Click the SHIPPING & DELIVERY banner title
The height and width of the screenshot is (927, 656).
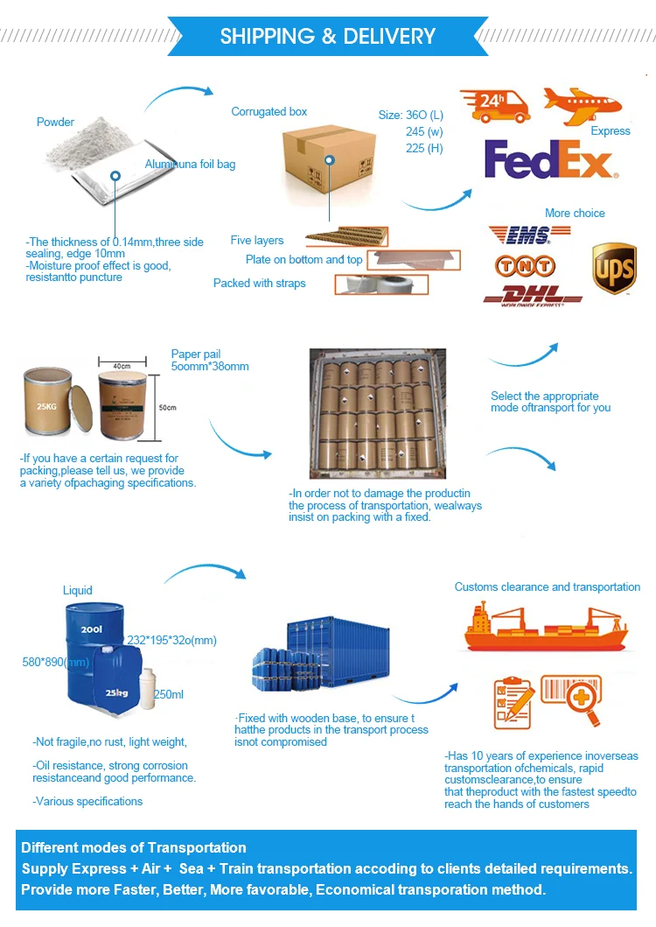327,36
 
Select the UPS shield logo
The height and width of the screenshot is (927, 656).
614,268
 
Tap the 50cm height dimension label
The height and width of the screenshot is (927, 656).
166,407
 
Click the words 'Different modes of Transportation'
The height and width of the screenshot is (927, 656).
134,847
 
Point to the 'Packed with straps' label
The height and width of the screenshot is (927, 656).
260,283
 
